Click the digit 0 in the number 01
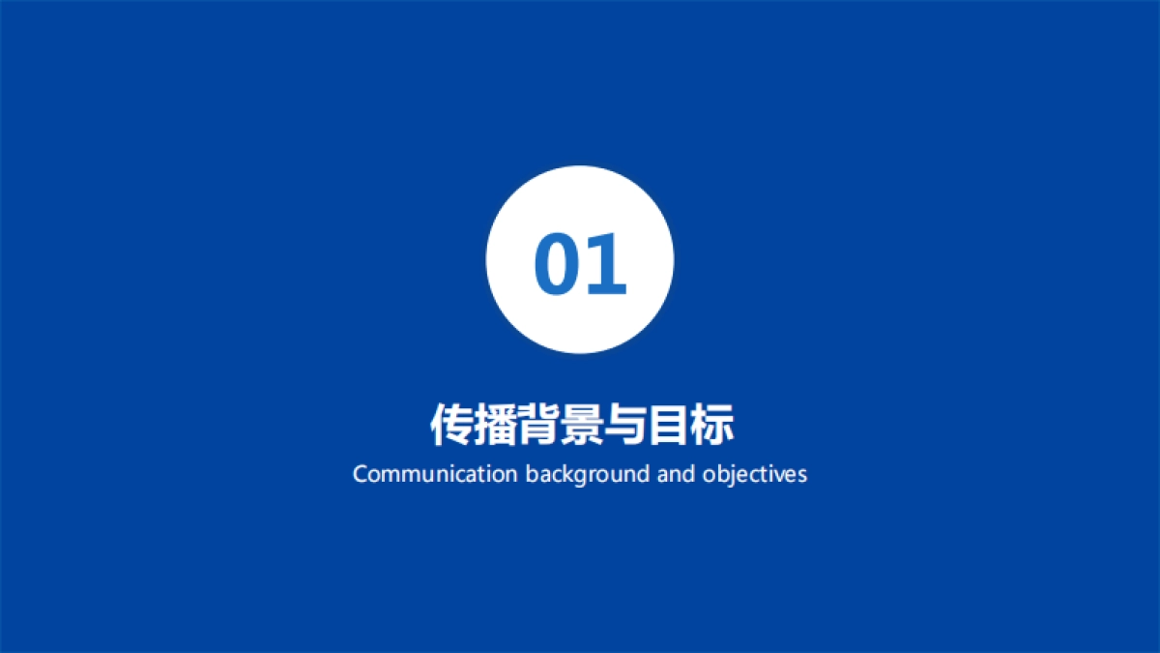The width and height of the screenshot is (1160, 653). pos(557,264)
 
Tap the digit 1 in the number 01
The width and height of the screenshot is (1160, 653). pos(605,264)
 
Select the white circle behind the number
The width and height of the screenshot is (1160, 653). pos(580,203)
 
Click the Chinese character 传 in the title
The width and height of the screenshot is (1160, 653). pos(450,426)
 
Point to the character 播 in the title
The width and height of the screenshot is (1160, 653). pos(494,426)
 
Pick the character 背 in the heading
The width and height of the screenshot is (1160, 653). pos(537,426)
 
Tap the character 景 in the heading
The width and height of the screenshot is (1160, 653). pos(581,426)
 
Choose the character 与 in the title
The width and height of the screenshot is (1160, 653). pos(624,426)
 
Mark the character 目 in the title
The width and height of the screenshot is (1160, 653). pos(668,426)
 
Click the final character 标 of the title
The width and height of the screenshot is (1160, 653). pos(711,426)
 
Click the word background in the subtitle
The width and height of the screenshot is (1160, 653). pos(587,475)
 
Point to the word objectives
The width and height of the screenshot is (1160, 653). pos(755,475)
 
